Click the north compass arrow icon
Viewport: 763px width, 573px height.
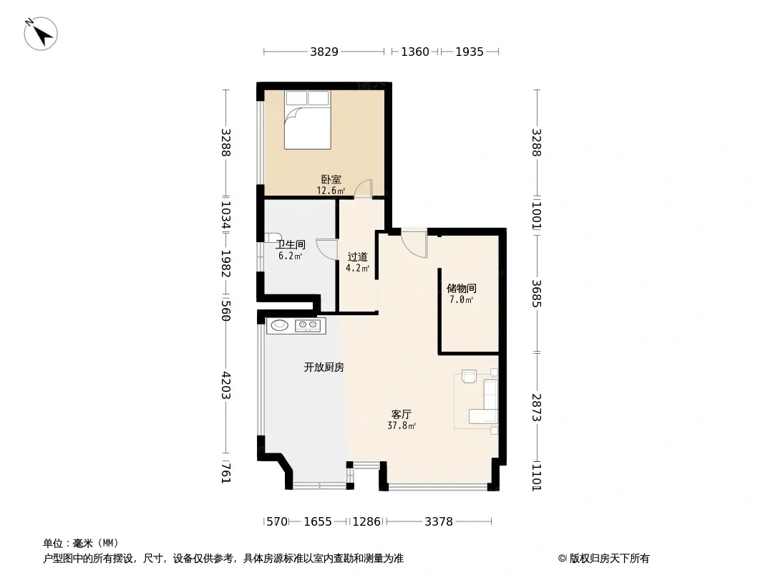tap(41, 34)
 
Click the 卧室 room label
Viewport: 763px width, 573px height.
tap(331, 180)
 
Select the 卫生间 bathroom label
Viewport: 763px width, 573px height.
tap(291, 244)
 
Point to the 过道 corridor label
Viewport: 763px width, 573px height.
tap(357, 256)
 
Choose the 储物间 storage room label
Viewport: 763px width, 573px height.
tap(461, 288)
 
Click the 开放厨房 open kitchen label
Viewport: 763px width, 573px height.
tap(324, 367)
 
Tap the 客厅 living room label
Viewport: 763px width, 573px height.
tap(402, 414)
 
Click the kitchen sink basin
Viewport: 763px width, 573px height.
tap(279, 324)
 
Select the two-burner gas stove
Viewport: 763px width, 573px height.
tap(308, 325)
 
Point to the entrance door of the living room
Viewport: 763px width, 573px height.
tap(414, 244)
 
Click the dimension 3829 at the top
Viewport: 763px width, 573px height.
tap(324, 52)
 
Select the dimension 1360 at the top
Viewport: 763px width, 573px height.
tap(415, 52)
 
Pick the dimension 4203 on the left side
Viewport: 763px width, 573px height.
tap(225, 385)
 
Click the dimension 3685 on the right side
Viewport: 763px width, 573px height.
tap(536, 293)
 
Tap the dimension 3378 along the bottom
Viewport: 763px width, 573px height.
tap(439, 522)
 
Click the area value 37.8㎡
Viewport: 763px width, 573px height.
tap(402, 426)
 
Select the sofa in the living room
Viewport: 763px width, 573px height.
tap(487, 402)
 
